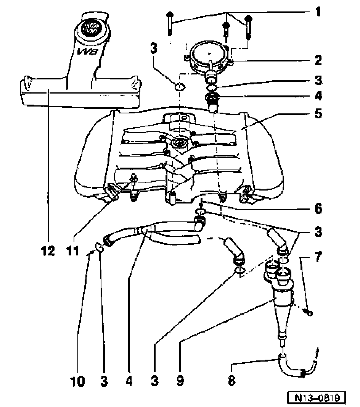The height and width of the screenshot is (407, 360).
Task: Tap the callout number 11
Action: click(x=73, y=251)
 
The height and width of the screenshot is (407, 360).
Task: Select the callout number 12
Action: click(x=48, y=251)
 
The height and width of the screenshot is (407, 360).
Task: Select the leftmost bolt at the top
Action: click(x=170, y=23)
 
